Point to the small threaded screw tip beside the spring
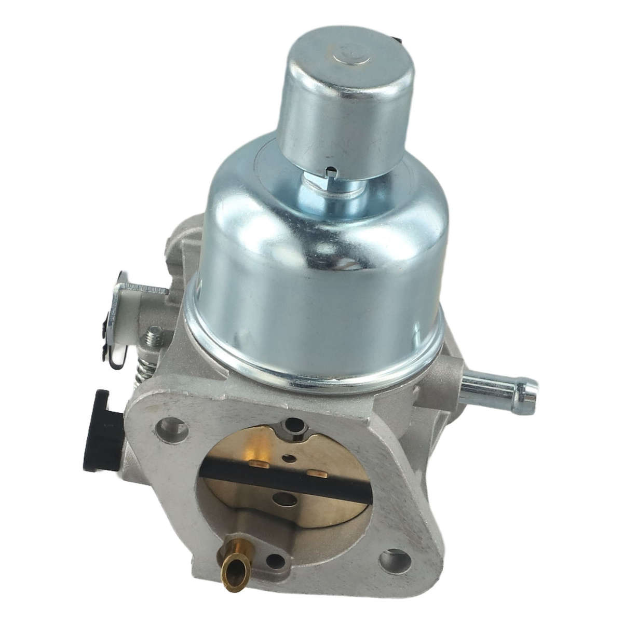[x=154, y=338]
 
